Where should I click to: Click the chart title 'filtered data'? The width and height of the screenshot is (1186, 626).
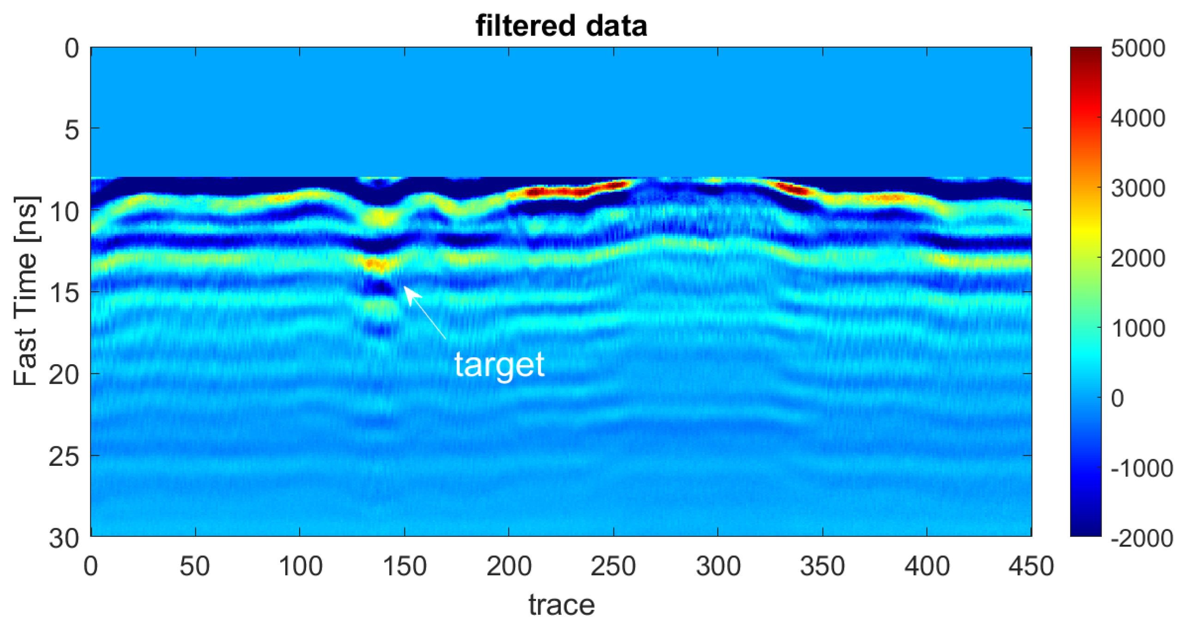pos(561,25)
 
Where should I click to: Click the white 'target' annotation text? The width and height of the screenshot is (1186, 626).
pos(499,365)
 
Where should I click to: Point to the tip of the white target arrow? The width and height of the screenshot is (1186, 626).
pos(405,287)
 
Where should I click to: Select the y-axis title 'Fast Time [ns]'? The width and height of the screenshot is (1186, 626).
pos(26,291)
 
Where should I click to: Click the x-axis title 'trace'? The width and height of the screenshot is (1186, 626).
pos(561,604)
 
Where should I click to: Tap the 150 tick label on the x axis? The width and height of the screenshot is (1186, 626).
pos(404,566)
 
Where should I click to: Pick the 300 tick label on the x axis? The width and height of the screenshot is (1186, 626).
pos(718,566)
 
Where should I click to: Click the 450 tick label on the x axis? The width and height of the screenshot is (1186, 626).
pos(1031,566)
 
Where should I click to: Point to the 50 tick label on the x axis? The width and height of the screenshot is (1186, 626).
pos(195,566)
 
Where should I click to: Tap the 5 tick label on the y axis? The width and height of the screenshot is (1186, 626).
pos(72,130)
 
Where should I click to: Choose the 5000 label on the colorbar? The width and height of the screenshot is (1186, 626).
pos(1138,48)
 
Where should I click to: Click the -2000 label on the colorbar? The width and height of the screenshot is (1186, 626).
pos(1142,538)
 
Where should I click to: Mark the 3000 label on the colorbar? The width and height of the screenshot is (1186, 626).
pos(1138,188)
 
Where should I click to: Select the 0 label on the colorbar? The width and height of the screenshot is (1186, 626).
pos(1118,398)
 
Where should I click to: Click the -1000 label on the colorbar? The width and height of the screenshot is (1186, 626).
pos(1142,469)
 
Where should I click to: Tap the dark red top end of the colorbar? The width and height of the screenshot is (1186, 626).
pos(1085,51)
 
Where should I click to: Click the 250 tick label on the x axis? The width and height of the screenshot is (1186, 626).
pos(613,566)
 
